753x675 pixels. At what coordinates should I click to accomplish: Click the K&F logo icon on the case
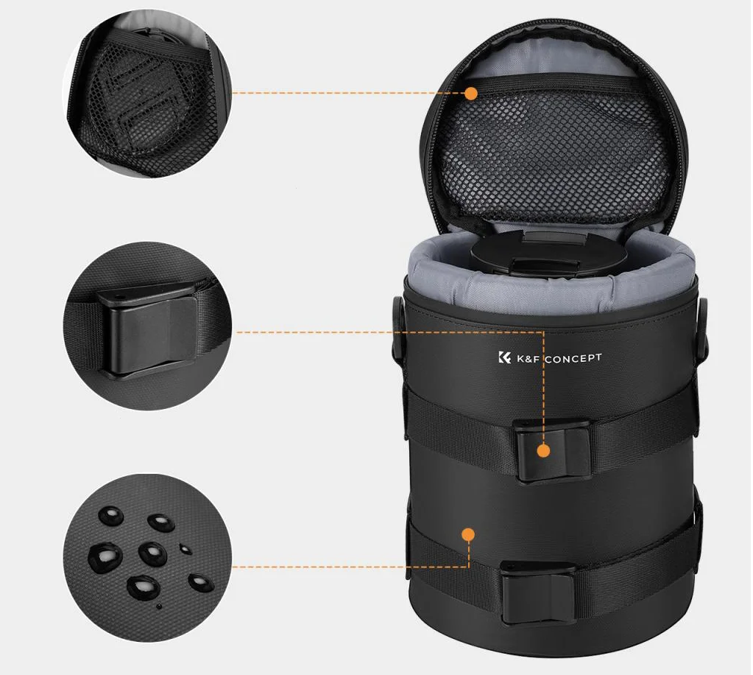504,357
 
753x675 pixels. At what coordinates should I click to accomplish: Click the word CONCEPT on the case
573,359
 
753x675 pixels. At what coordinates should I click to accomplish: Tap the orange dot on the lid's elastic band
471,94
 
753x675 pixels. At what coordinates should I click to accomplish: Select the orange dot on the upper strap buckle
543,451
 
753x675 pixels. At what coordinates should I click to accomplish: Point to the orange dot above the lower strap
468,534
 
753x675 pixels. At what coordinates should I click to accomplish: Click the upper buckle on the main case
553,450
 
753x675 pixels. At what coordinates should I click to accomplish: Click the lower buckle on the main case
538,592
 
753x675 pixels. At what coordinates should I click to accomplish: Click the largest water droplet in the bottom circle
105,558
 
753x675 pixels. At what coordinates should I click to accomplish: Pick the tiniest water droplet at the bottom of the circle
159,606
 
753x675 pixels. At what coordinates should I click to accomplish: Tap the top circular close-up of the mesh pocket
147,94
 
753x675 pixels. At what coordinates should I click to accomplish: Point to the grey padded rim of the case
551,288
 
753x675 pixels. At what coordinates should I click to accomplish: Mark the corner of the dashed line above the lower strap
469,567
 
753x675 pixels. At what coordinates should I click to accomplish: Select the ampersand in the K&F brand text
527,359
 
